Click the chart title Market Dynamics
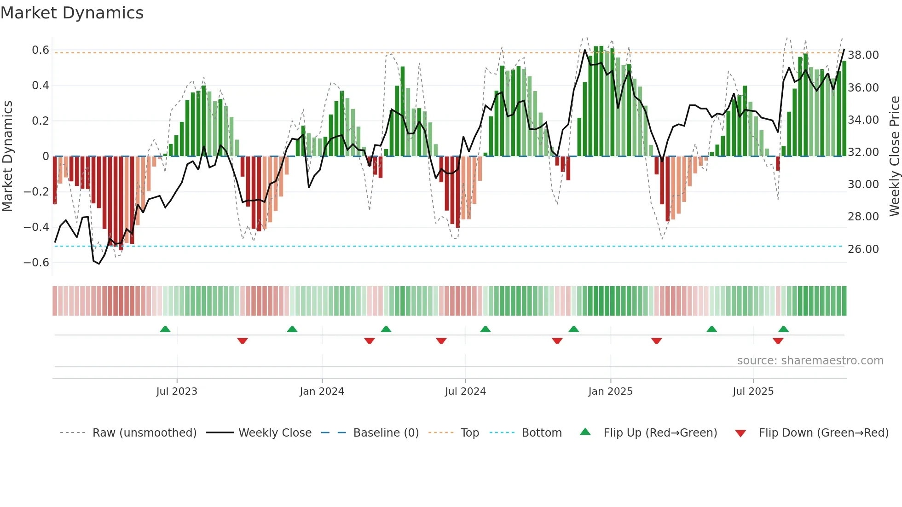pos(72,13)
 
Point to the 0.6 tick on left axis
pos(40,50)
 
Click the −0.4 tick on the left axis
pos(36,227)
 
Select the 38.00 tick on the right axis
pos(863,55)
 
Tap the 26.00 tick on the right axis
pos(863,249)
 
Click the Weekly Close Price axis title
pos(894,156)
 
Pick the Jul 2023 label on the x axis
pos(177,392)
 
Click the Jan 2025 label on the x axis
pos(610,392)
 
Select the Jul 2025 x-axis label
pos(753,392)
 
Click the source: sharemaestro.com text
pos(810,361)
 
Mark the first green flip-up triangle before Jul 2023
pos(165,329)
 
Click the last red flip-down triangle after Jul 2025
pos(778,341)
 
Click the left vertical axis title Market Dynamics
pos(7,156)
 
